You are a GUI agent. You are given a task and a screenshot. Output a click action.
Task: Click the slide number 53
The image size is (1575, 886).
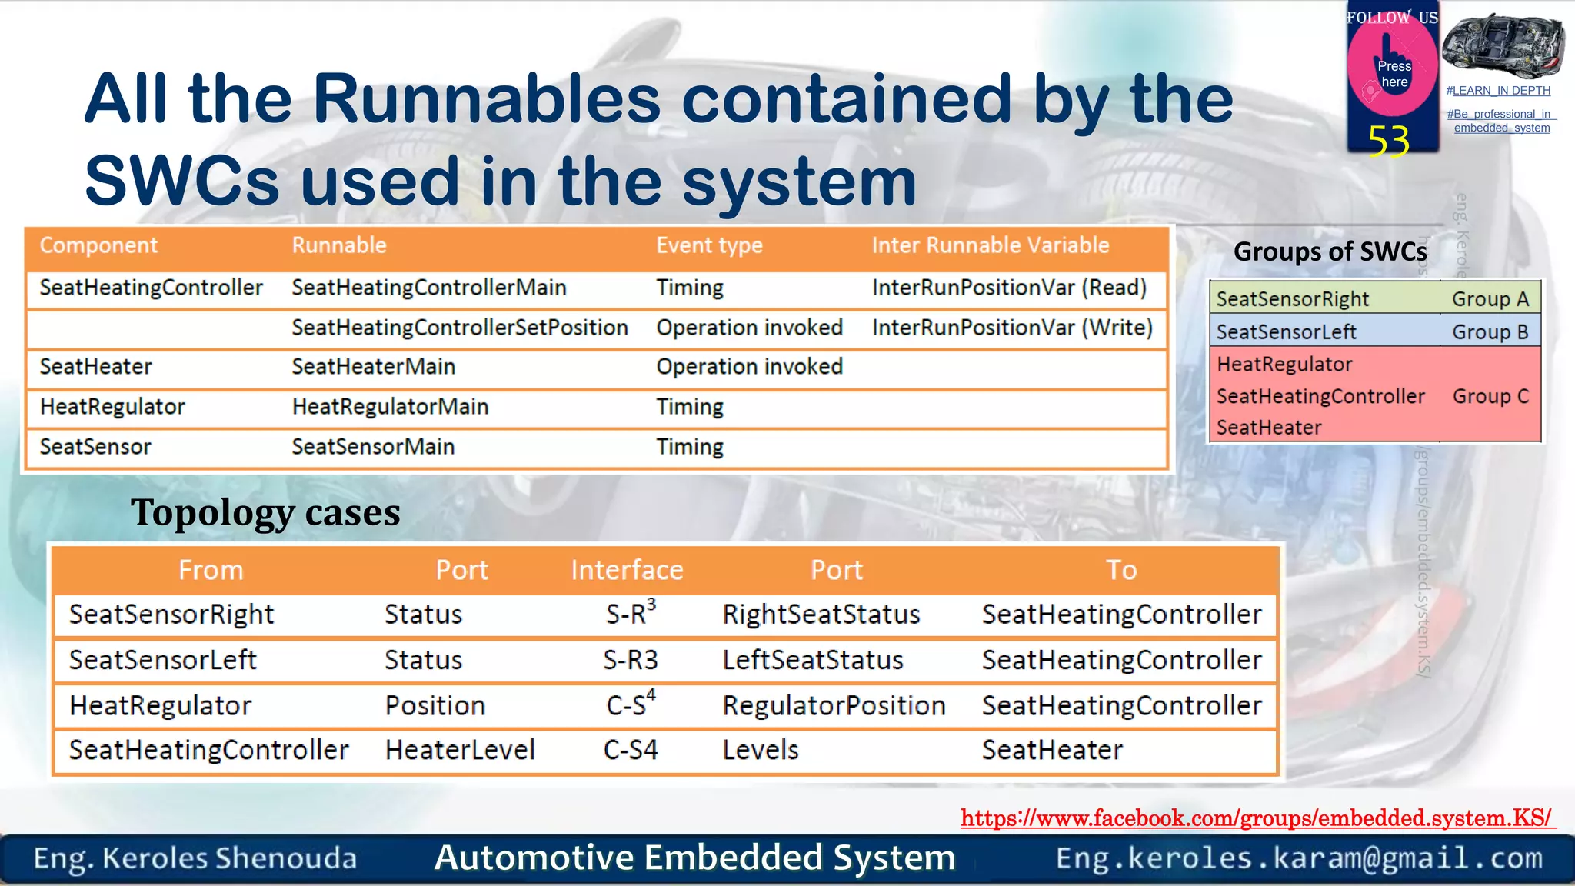[1388, 141]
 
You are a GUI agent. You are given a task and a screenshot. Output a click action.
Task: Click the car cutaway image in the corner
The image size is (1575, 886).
[1503, 46]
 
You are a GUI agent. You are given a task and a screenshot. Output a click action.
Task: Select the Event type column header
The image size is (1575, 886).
[709, 245]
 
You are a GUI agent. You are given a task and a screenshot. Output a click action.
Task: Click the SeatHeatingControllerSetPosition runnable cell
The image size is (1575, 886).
[460, 328]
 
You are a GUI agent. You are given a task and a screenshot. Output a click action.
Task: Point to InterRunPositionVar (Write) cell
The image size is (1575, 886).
[1012, 328]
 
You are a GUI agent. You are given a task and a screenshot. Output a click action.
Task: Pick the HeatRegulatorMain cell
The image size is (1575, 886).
[390, 407]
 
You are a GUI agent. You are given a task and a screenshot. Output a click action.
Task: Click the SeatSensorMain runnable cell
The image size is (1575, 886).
[373, 447]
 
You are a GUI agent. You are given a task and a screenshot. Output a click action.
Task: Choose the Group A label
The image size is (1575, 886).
[1490, 299]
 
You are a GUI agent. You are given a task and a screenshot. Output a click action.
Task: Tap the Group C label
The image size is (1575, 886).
[1490, 396]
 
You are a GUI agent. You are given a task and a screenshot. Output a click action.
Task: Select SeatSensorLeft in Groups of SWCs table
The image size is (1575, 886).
[1286, 332]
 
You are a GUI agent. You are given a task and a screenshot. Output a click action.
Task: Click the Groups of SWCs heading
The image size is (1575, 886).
[1330, 251]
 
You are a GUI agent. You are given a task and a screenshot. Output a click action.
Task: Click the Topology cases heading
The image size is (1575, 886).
[265, 512]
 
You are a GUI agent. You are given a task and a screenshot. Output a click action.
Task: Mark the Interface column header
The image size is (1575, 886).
[627, 570]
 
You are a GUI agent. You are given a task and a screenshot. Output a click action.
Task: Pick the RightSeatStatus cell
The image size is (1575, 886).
[821, 615]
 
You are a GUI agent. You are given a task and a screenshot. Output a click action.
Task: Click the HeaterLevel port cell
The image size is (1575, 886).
[460, 750]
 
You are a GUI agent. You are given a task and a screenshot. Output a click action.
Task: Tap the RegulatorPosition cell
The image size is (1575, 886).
[834, 705]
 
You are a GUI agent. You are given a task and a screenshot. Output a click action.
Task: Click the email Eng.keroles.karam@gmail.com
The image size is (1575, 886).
[1299, 858]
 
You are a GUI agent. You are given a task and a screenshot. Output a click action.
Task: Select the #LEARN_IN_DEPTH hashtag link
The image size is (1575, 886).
[1498, 91]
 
